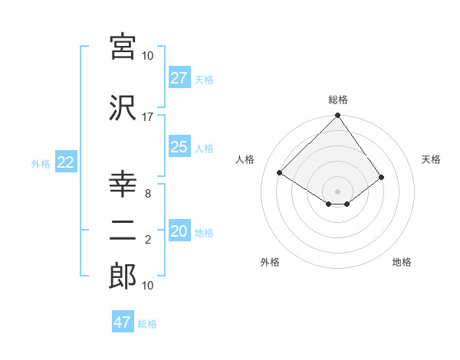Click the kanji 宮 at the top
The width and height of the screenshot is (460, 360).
(123, 47)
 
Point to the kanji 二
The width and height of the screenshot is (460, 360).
(123, 232)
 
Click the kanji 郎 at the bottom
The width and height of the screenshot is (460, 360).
(123, 277)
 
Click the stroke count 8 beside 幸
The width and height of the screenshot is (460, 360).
(147, 194)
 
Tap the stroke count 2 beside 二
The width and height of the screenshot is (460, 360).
(147, 241)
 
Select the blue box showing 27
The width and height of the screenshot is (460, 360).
(179, 78)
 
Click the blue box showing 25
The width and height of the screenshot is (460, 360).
(179, 147)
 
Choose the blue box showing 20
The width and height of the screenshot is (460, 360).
(179, 231)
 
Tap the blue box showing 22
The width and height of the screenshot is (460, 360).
(65, 162)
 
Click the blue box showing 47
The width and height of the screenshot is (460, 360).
(123, 322)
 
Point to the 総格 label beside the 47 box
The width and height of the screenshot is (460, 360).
(147, 324)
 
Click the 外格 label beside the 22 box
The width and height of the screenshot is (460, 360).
(41, 163)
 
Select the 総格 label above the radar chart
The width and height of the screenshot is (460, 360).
(338, 100)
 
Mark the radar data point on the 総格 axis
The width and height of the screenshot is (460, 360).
(338, 116)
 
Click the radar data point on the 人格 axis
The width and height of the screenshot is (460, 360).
(280, 173)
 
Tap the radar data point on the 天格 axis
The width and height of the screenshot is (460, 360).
(381, 177)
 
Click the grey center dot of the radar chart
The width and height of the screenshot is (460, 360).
(338, 191)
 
